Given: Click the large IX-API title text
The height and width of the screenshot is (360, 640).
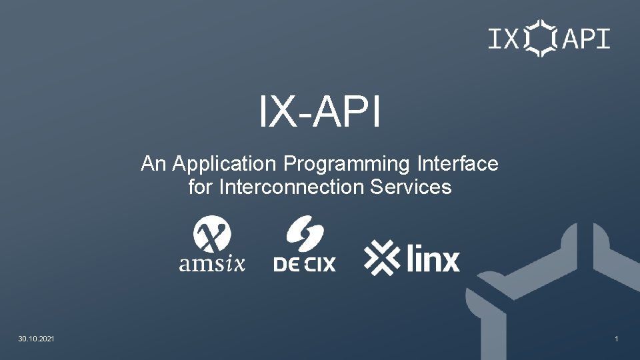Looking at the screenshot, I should click(x=320, y=113).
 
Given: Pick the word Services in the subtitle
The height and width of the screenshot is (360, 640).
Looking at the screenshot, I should click(x=410, y=187).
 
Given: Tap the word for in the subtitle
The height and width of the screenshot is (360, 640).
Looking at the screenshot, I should click(x=199, y=187).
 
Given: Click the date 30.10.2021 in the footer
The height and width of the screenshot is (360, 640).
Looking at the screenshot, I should click(x=37, y=340).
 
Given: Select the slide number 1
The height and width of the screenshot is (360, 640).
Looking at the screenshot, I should click(x=617, y=340).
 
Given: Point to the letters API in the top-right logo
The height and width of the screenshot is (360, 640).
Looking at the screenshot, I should click(x=587, y=39).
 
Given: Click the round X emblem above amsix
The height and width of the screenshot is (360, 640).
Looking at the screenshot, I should click(x=212, y=235).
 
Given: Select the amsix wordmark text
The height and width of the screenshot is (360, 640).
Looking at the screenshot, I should click(x=212, y=264).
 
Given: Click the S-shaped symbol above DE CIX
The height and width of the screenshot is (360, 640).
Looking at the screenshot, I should click(x=305, y=234).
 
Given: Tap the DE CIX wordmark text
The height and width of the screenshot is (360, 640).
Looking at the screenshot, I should click(x=305, y=264).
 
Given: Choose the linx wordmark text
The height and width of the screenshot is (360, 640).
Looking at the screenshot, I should click(x=433, y=259).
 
